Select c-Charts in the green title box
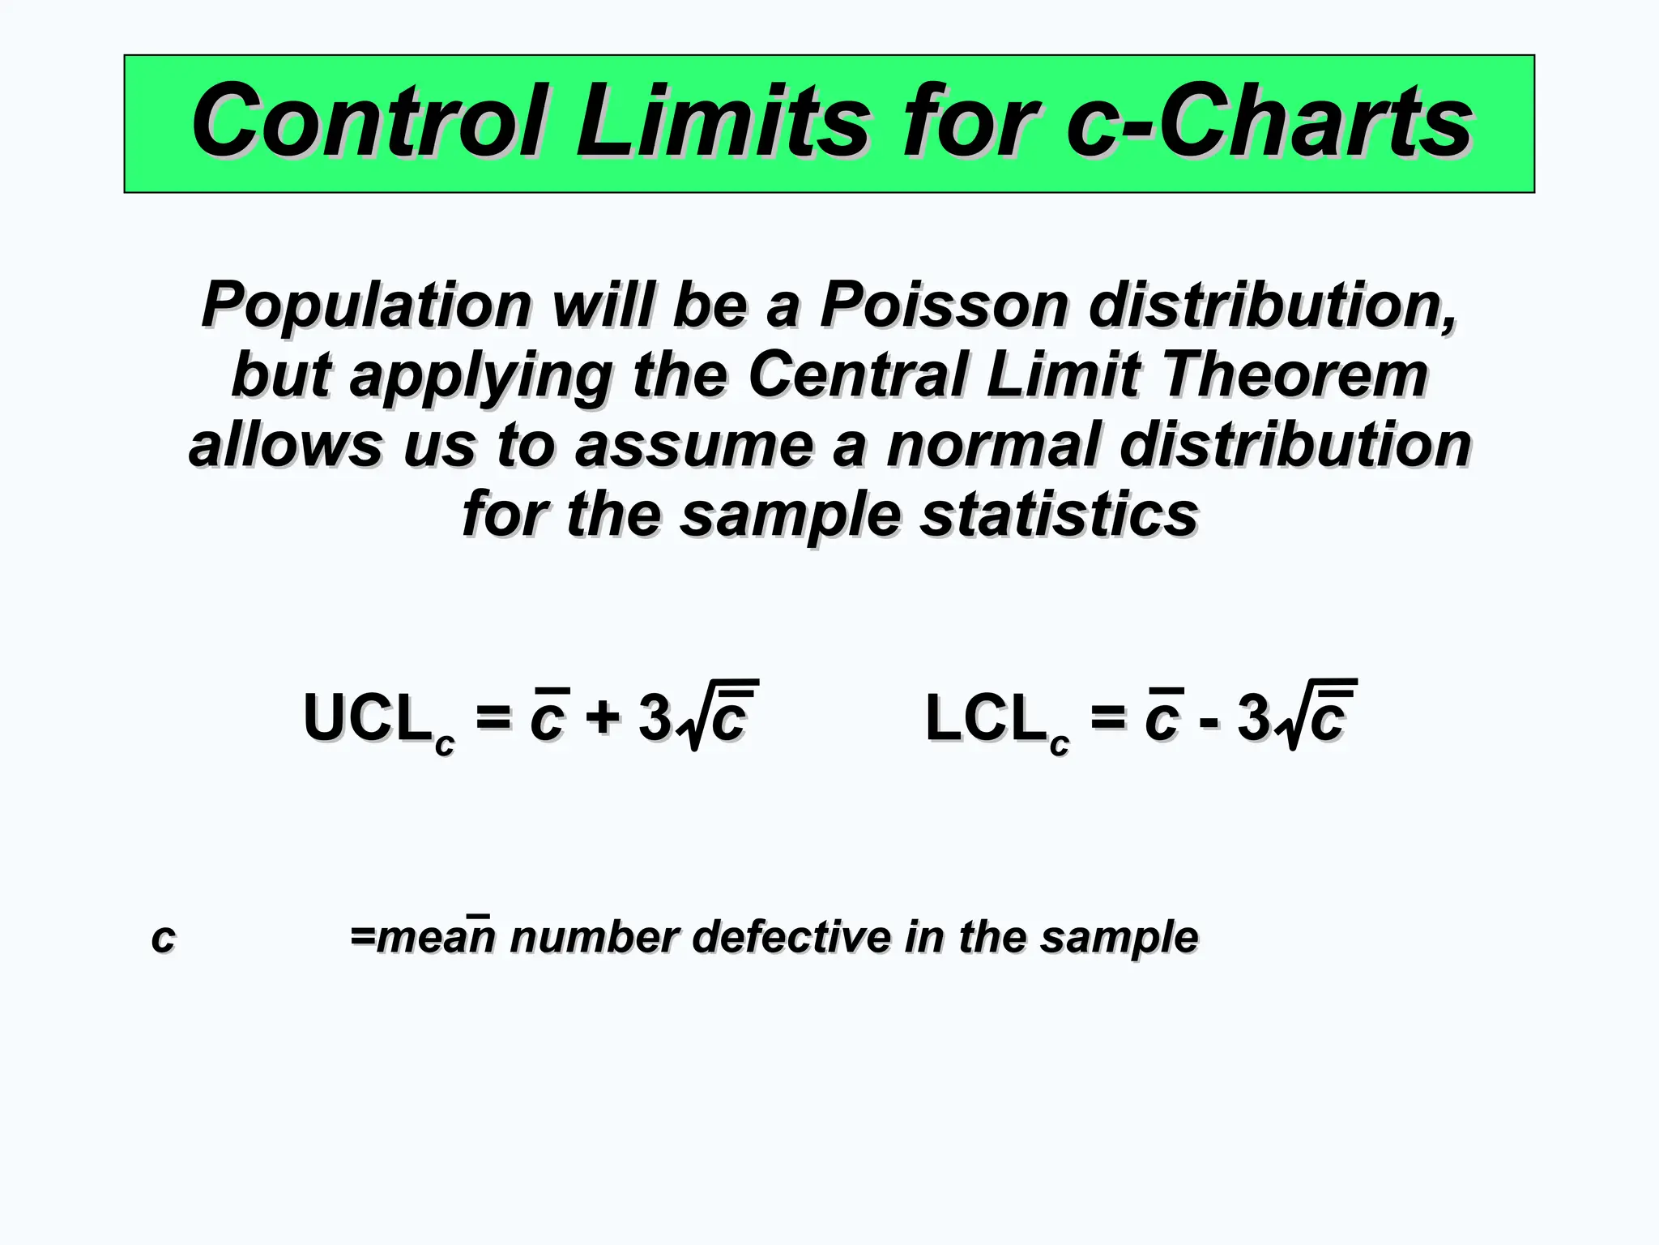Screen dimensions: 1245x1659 point(1269,122)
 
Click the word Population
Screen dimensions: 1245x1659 point(366,306)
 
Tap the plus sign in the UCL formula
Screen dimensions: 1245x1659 point(603,718)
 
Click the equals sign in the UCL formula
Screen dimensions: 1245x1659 point(493,718)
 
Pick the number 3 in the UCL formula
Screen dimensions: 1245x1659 point(655,718)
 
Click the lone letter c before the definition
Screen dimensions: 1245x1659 point(163,938)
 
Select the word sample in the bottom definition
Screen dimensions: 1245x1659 point(1119,938)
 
